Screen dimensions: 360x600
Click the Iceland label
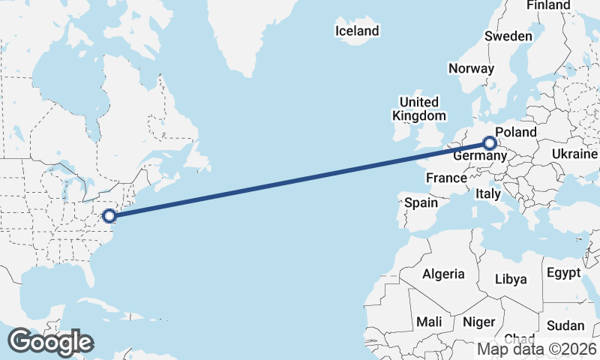point(357,31)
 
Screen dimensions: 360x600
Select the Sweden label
point(508,36)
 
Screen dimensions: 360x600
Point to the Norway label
point(471,68)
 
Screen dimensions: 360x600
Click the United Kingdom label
point(418,109)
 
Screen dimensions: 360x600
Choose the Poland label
point(516,133)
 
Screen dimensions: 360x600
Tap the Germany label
point(475,155)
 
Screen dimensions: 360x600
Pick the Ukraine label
point(574,154)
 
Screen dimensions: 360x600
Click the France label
point(446,178)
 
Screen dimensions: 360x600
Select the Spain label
point(421,202)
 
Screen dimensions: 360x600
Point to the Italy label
point(488,194)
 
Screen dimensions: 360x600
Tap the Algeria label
point(443,274)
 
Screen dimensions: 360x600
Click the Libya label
point(511,279)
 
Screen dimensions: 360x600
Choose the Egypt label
point(564,272)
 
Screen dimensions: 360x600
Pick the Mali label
point(429,321)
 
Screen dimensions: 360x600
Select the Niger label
point(478,321)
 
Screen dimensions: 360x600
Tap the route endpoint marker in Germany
point(489,142)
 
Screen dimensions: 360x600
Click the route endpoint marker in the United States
point(109,216)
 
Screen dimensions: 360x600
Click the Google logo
point(50,342)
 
